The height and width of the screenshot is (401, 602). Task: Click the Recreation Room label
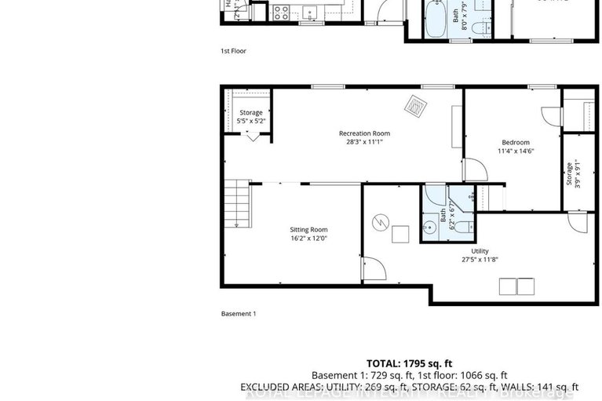point(364,133)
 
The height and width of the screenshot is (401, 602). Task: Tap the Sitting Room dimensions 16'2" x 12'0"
point(308,239)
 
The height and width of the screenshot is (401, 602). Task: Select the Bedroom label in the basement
point(513,142)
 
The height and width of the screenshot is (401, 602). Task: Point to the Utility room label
point(480,250)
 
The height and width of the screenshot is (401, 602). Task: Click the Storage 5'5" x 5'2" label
point(251,113)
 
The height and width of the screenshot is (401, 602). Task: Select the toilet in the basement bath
point(463,228)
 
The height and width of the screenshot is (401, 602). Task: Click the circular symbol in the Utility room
point(379,223)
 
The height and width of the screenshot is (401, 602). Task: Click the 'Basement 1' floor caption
point(239,314)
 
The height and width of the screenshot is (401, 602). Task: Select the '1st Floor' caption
point(233,51)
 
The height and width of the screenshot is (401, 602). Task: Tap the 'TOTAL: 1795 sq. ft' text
point(409,363)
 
